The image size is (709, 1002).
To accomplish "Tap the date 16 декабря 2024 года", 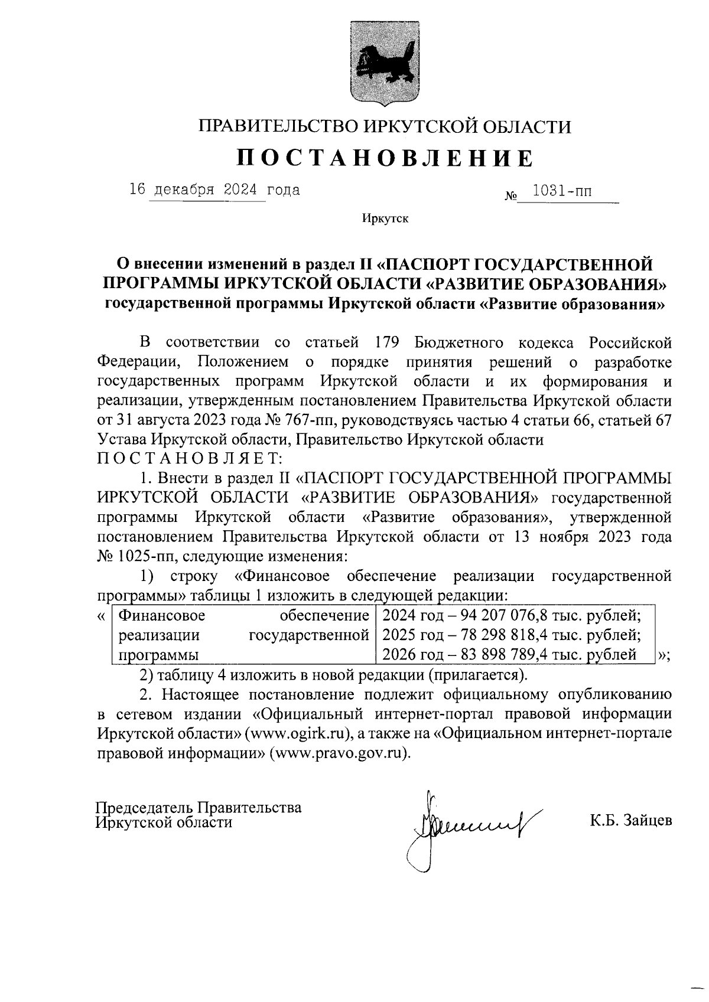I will pyautogui.click(x=214, y=190).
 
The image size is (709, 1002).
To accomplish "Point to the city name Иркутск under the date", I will pyautogui.click(x=385, y=219).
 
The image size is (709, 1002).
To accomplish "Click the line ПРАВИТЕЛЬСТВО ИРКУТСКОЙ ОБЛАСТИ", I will pyautogui.click(x=385, y=126).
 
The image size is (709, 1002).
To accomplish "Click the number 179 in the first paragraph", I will pyautogui.click(x=388, y=342).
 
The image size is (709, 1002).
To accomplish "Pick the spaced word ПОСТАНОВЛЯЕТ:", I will pyautogui.click(x=191, y=458).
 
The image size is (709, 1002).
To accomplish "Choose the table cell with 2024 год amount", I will pyautogui.click(x=512, y=616).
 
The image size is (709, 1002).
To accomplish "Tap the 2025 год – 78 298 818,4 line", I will pyautogui.click(x=512, y=635).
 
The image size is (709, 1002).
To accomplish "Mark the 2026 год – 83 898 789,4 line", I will pyautogui.click(x=509, y=654).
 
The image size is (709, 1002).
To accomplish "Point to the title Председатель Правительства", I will pyautogui.click(x=199, y=807).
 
